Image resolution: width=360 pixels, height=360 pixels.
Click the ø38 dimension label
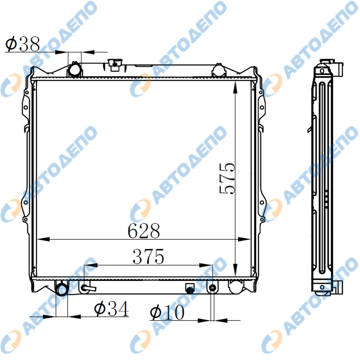tap(22, 44)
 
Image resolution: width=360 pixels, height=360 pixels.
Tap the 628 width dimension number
tap(144, 230)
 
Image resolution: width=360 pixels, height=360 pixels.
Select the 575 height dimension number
tap(228, 179)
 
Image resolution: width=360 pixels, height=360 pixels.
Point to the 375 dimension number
tap(148, 256)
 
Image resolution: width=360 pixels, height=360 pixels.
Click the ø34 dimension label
tap(111, 309)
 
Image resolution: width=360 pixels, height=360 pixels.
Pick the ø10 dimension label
tap(167, 312)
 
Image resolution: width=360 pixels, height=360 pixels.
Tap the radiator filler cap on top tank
tap(115, 64)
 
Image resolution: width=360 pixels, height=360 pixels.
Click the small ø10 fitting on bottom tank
tap(213, 288)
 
